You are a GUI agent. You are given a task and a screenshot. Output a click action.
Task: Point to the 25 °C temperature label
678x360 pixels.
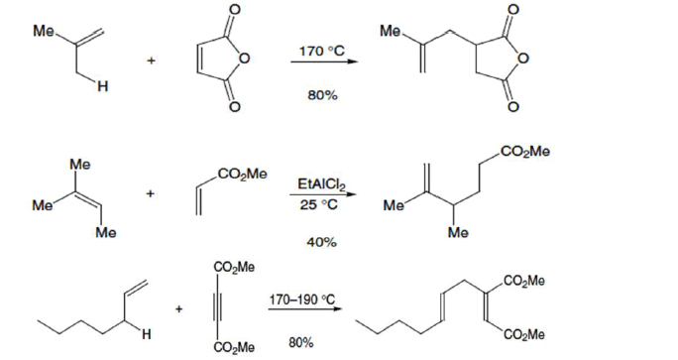318,205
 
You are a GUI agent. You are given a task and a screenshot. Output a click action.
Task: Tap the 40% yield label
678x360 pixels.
317,241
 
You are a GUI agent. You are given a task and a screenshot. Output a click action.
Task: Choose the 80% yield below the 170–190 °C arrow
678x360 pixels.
301,342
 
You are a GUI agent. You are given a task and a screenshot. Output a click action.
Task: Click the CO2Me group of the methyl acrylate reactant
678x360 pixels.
244,175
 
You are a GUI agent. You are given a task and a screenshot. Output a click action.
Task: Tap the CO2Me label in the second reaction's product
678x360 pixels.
524,152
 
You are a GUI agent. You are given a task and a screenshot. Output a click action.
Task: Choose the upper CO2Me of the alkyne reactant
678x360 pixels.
232,266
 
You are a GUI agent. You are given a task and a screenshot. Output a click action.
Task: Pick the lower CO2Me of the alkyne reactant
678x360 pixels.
232,347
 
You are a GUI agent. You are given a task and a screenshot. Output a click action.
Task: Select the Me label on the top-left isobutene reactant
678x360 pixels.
44,32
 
